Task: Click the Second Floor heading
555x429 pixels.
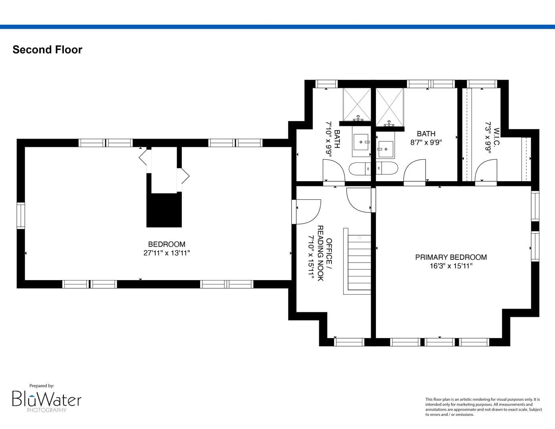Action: point(48,50)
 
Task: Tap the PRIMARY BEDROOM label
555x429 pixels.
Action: point(451,257)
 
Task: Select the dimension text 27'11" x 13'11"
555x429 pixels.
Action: point(167,253)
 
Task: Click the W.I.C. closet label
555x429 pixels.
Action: point(496,137)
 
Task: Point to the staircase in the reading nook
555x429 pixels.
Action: point(357,261)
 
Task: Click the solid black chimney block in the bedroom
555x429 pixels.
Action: point(164,210)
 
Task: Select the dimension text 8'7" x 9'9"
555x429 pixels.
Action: point(426,142)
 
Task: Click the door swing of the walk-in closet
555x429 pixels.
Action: point(486,171)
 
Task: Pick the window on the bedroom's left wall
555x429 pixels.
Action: point(21,216)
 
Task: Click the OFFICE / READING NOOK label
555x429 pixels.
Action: point(325,253)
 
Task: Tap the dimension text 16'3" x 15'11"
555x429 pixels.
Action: point(451,266)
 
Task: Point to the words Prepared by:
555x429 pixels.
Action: point(42,386)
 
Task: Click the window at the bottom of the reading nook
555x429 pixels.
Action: point(349,342)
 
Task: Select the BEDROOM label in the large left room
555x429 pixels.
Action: point(167,244)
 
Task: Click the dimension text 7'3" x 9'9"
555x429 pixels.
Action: point(488,137)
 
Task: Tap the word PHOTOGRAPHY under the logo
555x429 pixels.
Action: point(46,410)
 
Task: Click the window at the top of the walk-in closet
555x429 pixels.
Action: point(482,84)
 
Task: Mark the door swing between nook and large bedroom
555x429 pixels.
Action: point(306,212)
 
